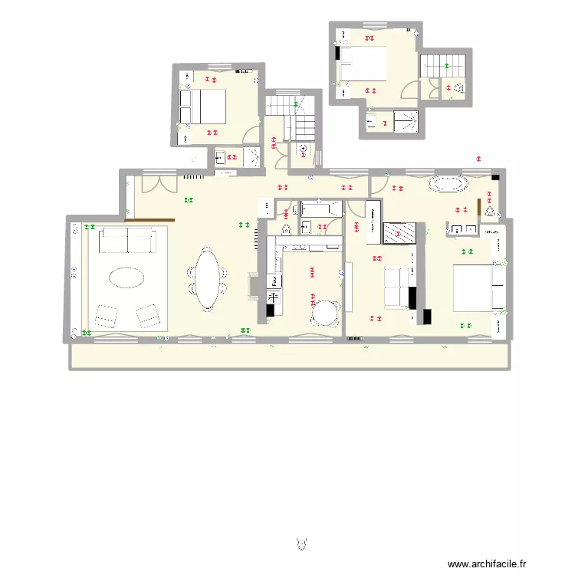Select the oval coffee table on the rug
[125, 277]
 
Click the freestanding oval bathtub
[449, 184]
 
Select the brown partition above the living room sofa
[151, 222]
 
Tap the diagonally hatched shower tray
[399, 233]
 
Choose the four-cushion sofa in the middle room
[396, 287]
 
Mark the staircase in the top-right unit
[439, 66]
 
